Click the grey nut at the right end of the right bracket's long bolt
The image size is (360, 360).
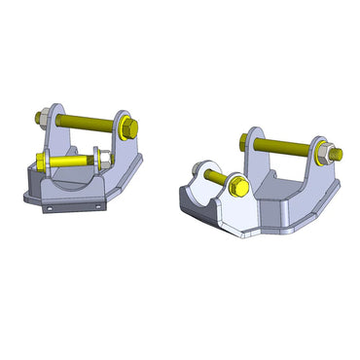[x=333, y=153]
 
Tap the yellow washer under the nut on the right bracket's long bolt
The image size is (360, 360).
[x=323, y=152]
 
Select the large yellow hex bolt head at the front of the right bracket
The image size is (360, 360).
[x=239, y=185]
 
